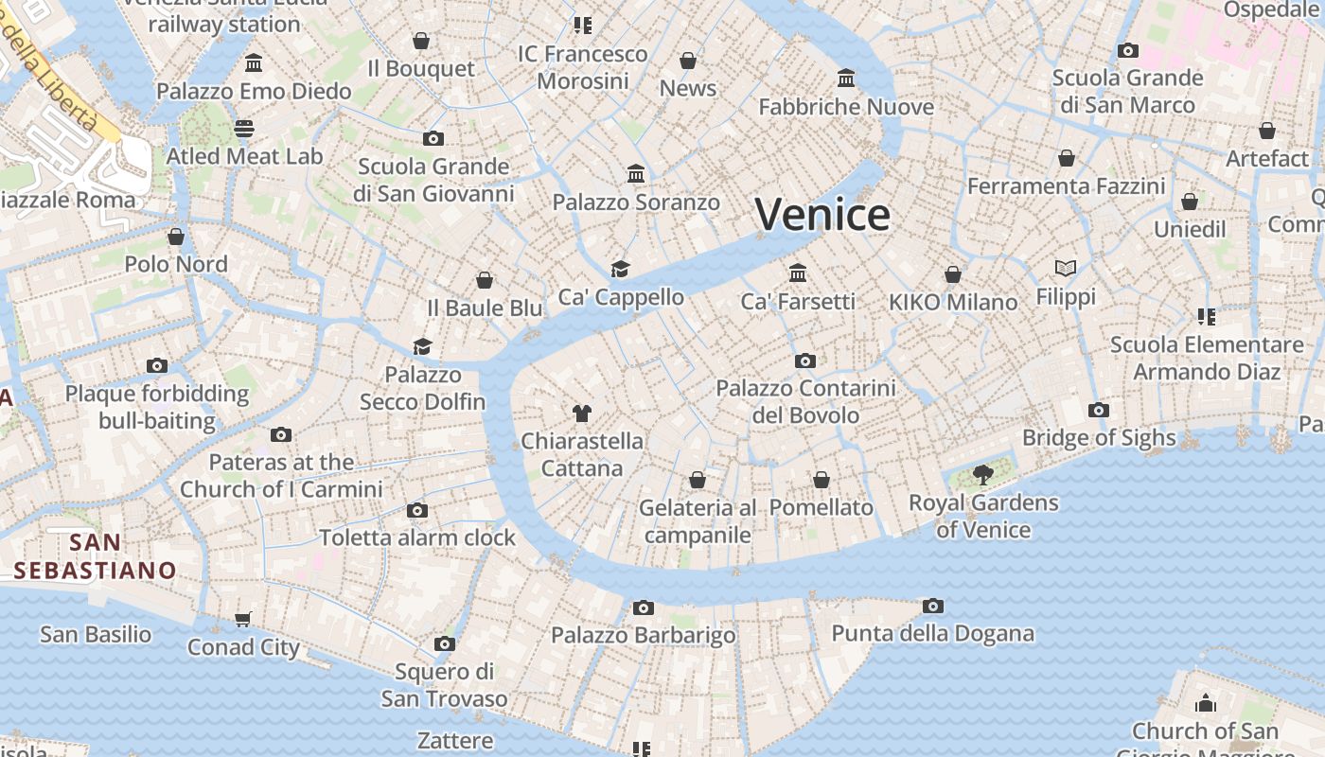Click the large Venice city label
click(x=821, y=215)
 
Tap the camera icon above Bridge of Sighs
click(x=1098, y=410)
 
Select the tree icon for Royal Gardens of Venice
click(x=982, y=474)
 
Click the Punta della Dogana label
click(x=932, y=633)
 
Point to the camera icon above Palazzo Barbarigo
click(x=644, y=607)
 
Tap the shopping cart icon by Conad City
click(x=243, y=619)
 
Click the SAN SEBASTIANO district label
click(x=95, y=556)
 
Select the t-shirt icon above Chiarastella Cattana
click(x=581, y=413)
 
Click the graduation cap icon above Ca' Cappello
click(x=620, y=269)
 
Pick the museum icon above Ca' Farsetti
click(x=798, y=273)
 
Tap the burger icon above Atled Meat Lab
click(x=244, y=128)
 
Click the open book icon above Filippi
click(x=1066, y=269)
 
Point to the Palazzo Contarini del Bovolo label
click(x=805, y=401)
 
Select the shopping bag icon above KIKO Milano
click(x=953, y=274)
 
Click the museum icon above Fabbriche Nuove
click(x=846, y=78)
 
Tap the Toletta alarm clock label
click(x=417, y=537)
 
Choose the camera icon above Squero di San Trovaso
click(x=444, y=644)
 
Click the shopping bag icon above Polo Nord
click(x=176, y=236)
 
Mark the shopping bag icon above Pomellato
click(x=821, y=480)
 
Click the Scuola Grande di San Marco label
click(x=1127, y=91)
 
